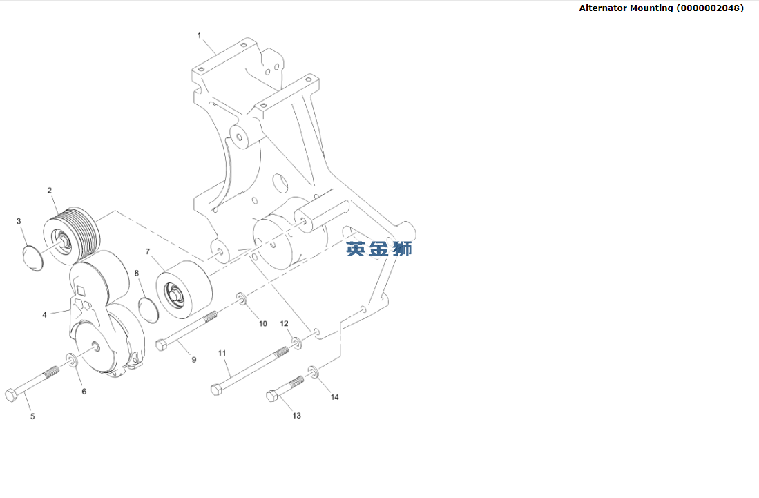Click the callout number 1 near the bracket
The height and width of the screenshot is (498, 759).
(199, 35)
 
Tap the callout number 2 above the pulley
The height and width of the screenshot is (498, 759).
(50, 190)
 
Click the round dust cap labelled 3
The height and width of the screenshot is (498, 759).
(32, 256)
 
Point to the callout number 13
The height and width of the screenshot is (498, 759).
(296, 416)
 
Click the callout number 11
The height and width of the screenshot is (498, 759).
(222, 353)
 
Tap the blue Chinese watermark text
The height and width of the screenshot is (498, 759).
(378, 249)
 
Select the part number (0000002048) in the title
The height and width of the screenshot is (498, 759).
(710, 8)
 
